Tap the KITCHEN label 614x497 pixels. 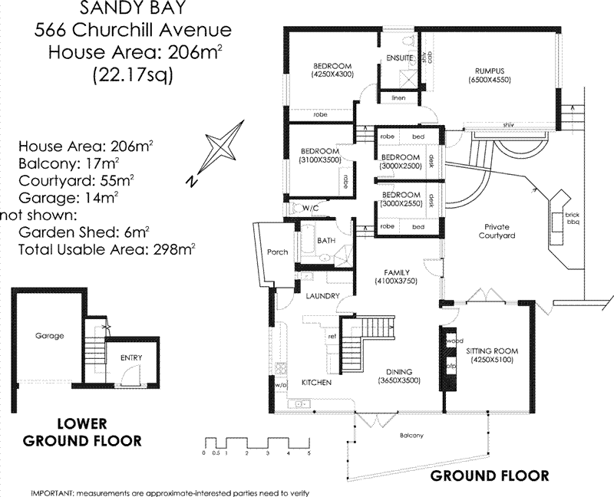pyautogui.click(x=316, y=381)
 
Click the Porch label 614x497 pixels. pyautogui.click(x=276, y=252)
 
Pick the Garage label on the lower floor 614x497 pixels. pyautogui.click(x=49, y=335)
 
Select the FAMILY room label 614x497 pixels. pyautogui.click(x=396, y=272)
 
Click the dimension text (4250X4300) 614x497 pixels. pyautogui.click(x=332, y=75)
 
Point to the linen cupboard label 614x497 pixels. pyautogui.click(x=398, y=98)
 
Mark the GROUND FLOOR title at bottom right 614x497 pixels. pyautogui.click(x=489, y=476)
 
